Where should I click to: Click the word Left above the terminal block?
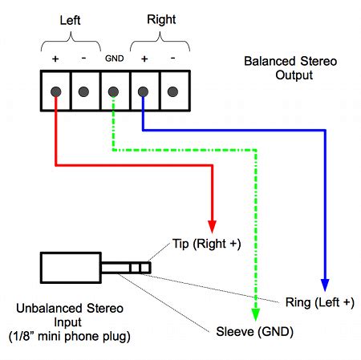click(x=70, y=20)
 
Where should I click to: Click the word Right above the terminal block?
click(x=161, y=20)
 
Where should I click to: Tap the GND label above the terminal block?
click(x=115, y=59)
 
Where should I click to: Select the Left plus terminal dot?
click(x=56, y=92)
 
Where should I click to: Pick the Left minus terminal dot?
click(x=83, y=91)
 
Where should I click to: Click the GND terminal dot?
click(x=113, y=92)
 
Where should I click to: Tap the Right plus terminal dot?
click(x=143, y=92)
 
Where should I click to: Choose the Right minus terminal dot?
click(x=172, y=91)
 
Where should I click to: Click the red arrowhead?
click(x=213, y=227)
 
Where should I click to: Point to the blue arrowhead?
click(x=325, y=285)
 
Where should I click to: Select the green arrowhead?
click(x=256, y=314)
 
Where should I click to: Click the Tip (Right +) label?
click(x=206, y=244)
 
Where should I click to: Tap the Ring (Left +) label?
click(x=320, y=302)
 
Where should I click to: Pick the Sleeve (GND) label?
click(x=254, y=332)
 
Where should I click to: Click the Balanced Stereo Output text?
click(x=290, y=68)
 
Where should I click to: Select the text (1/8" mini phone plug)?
click(x=70, y=337)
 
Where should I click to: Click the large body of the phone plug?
click(x=71, y=268)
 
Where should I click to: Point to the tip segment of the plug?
click(x=145, y=268)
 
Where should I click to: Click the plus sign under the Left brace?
click(x=55, y=59)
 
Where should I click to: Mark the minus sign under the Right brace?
click(x=172, y=58)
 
